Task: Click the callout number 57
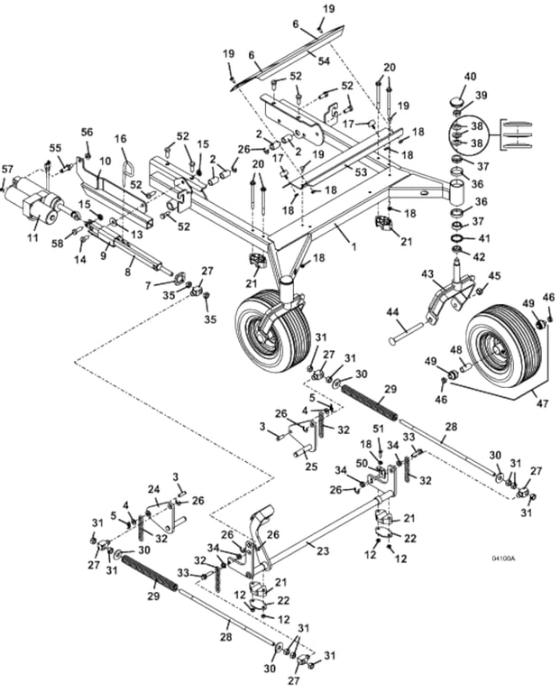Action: pos(7,169)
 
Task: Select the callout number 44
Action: pos(392,313)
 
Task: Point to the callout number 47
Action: pos(542,403)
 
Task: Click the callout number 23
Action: pos(323,550)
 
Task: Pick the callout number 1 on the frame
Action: pos(353,246)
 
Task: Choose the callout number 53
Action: pos(362,172)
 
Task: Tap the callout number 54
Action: pos(324,61)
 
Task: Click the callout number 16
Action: pos(121,139)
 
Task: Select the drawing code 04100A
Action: pos(503,559)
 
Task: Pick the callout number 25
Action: pos(312,467)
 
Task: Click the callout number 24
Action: pos(152,490)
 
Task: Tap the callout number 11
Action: pos(32,237)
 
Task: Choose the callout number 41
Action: pos(484,238)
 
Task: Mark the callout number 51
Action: pos(379,429)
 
